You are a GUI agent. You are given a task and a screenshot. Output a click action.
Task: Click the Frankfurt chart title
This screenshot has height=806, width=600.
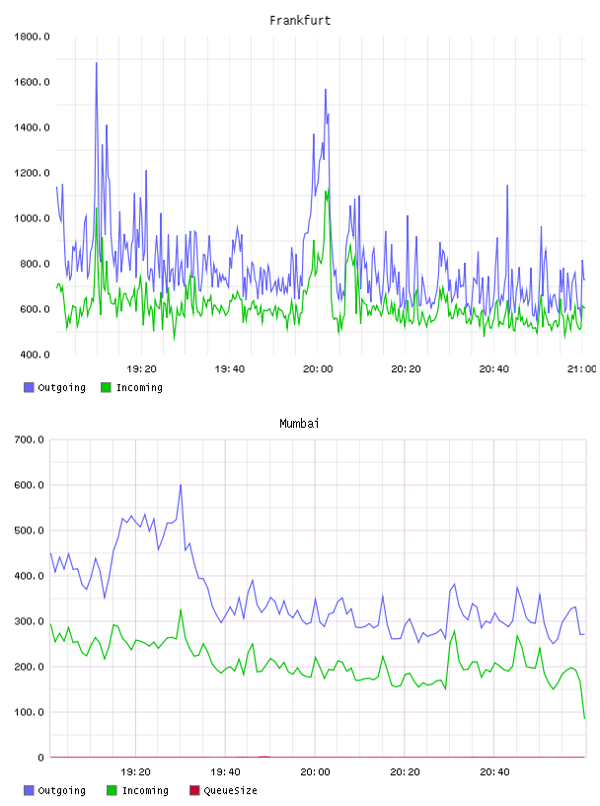[300, 21]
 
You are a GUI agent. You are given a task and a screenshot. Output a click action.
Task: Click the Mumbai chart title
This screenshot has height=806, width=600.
[299, 424]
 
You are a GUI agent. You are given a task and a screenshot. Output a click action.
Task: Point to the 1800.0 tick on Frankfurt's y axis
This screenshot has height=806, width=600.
[32, 37]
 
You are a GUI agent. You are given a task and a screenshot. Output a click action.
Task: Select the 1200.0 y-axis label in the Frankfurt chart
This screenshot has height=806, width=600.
[32, 173]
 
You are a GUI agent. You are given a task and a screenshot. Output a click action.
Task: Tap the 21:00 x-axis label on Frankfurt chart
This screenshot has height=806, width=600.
[582, 369]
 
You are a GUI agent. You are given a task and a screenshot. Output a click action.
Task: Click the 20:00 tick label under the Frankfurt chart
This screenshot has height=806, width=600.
[318, 369]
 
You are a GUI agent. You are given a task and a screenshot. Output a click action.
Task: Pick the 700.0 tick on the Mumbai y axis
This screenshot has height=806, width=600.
[30, 440]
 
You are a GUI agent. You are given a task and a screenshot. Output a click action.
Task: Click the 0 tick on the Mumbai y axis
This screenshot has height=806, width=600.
[41, 758]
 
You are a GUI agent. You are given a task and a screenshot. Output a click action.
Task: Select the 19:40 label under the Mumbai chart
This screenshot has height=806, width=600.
[226, 772]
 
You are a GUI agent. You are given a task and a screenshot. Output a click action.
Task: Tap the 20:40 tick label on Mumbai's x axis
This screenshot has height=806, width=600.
[494, 772]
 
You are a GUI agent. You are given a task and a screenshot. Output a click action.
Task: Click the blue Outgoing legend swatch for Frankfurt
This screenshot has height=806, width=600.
[29, 387]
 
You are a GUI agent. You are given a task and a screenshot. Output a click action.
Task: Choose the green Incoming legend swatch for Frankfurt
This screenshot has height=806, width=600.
[106, 387]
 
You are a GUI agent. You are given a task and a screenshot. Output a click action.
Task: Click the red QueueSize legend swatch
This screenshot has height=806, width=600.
[194, 790]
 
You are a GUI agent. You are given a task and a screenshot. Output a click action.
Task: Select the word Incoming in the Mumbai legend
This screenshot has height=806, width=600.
[145, 790]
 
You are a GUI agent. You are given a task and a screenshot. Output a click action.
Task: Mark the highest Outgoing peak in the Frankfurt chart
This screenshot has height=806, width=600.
[96, 62]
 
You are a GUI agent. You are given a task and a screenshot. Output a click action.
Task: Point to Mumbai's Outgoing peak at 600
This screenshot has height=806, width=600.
[181, 485]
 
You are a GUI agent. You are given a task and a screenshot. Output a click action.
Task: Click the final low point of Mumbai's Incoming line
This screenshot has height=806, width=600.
[584, 718]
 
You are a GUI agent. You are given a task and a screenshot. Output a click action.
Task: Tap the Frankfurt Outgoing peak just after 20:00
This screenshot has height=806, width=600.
[326, 90]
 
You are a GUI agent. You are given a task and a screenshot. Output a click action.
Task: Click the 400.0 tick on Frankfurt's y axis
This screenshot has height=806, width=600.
[32, 355]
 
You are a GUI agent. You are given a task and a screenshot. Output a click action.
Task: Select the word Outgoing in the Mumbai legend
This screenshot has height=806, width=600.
[62, 790]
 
